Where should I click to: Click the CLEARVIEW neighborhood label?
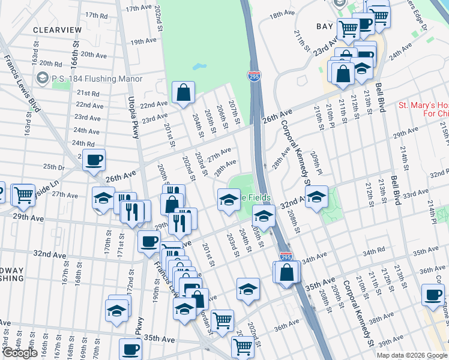57,29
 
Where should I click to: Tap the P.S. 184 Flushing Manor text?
97,79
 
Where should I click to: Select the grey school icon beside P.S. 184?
42,78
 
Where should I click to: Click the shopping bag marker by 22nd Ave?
183,93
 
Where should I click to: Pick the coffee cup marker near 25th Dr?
94,160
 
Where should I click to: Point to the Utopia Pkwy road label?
133,117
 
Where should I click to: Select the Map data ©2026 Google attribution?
412,355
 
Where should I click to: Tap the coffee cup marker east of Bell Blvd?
432,294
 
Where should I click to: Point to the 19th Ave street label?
143,41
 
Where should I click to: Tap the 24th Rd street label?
83,143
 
